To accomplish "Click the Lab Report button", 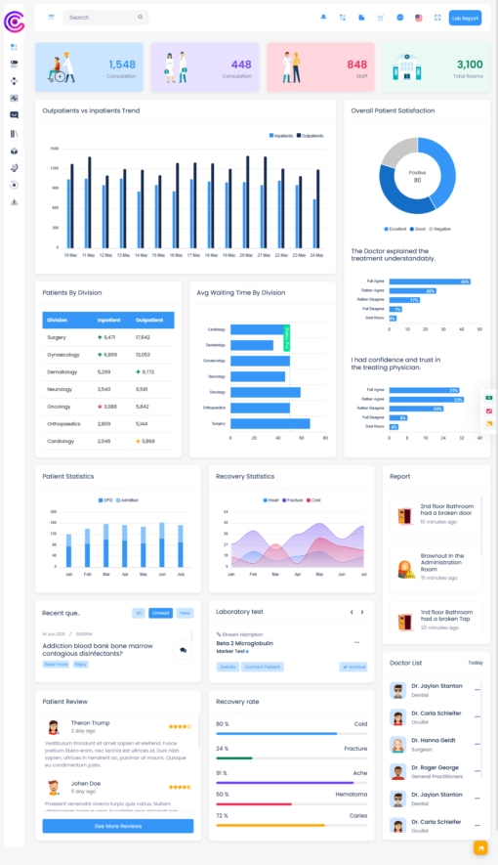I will (x=465, y=18).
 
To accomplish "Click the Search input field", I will (x=103, y=18).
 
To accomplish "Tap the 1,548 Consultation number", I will (x=122, y=65).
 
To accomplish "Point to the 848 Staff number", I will (x=356, y=65).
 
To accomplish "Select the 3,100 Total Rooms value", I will (x=470, y=65).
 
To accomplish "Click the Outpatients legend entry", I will (x=311, y=136).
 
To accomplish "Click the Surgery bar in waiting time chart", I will (x=270, y=424).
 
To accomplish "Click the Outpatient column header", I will (x=149, y=320).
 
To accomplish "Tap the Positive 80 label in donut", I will (x=417, y=176).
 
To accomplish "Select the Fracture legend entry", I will (x=293, y=499).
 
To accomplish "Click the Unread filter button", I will (x=161, y=613).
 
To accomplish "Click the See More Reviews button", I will (x=117, y=826).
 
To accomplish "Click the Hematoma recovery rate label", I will (x=353, y=795).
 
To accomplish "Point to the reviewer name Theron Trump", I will (x=91, y=722).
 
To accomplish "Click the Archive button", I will (x=353, y=667).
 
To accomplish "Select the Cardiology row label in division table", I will (x=60, y=441).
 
